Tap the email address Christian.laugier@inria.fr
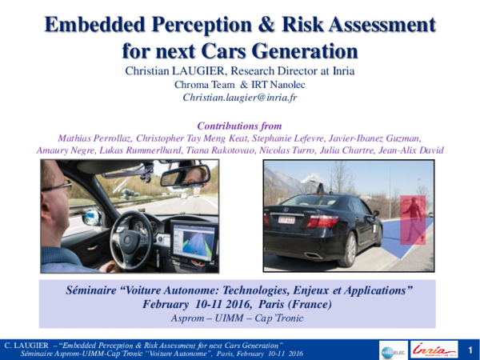tap(239, 98)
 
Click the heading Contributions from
tap(239, 124)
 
